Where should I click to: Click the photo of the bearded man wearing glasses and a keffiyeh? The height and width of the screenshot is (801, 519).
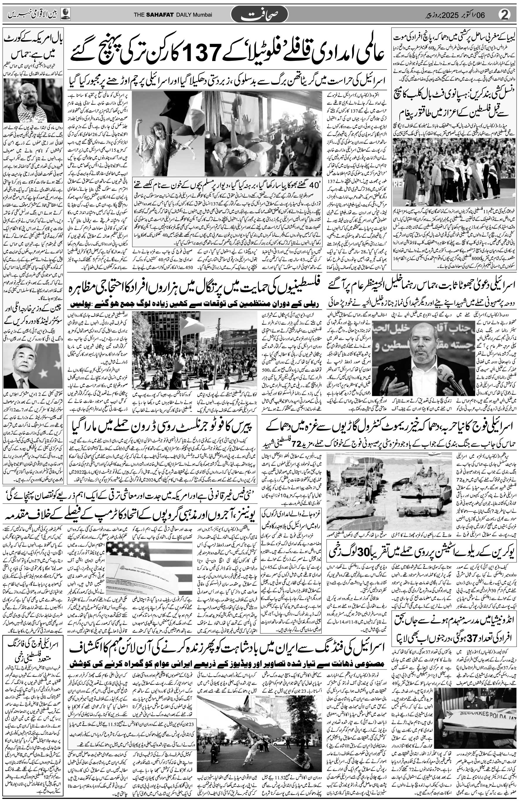[33, 101]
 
